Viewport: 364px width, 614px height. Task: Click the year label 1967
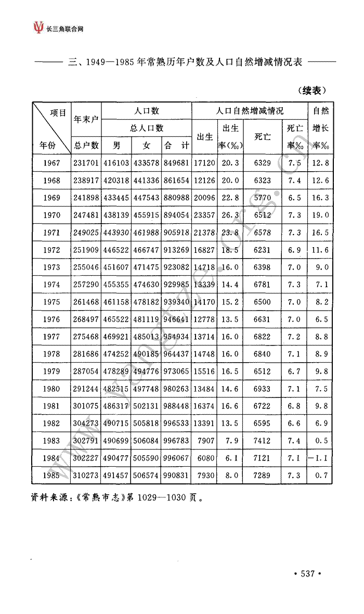pyautogui.click(x=52, y=163)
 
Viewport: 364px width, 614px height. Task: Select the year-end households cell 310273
pyautogui.click(x=86, y=476)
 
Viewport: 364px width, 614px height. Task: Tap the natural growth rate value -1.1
pyautogui.click(x=319, y=458)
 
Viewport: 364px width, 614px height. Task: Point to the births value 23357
pyautogui.click(x=204, y=215)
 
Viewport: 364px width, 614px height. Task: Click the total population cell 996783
pyautogui.click(x=176, y=441)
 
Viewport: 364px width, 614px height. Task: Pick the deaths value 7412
pyautogui.click(x=262, y=441)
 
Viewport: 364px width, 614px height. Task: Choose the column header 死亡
pyautogui.click(x=262, y=137)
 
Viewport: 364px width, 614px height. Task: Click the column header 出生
pyautogui.click(x=204, y=137)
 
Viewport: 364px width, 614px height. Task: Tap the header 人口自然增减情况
pyautogui.click(x=250, y=111)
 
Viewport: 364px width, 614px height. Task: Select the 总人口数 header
pyautogui.click(x=147, y=127)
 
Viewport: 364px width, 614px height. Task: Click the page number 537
pyautogui.click(x=308, y=573)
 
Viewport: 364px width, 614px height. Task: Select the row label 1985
pyautogui.click(x=52, y=476)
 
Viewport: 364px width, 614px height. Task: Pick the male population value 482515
pyautogui.click(x=116, y=389)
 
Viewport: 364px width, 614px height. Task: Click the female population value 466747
pyautogui.click(x=146, y=250)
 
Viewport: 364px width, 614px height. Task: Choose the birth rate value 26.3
pyautogui.click(x=230, y=215)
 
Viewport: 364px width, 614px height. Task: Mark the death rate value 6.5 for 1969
pyautogui.click(x=294, y=198)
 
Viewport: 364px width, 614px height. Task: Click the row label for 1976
pyautogui.click(x=52, y=319)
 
